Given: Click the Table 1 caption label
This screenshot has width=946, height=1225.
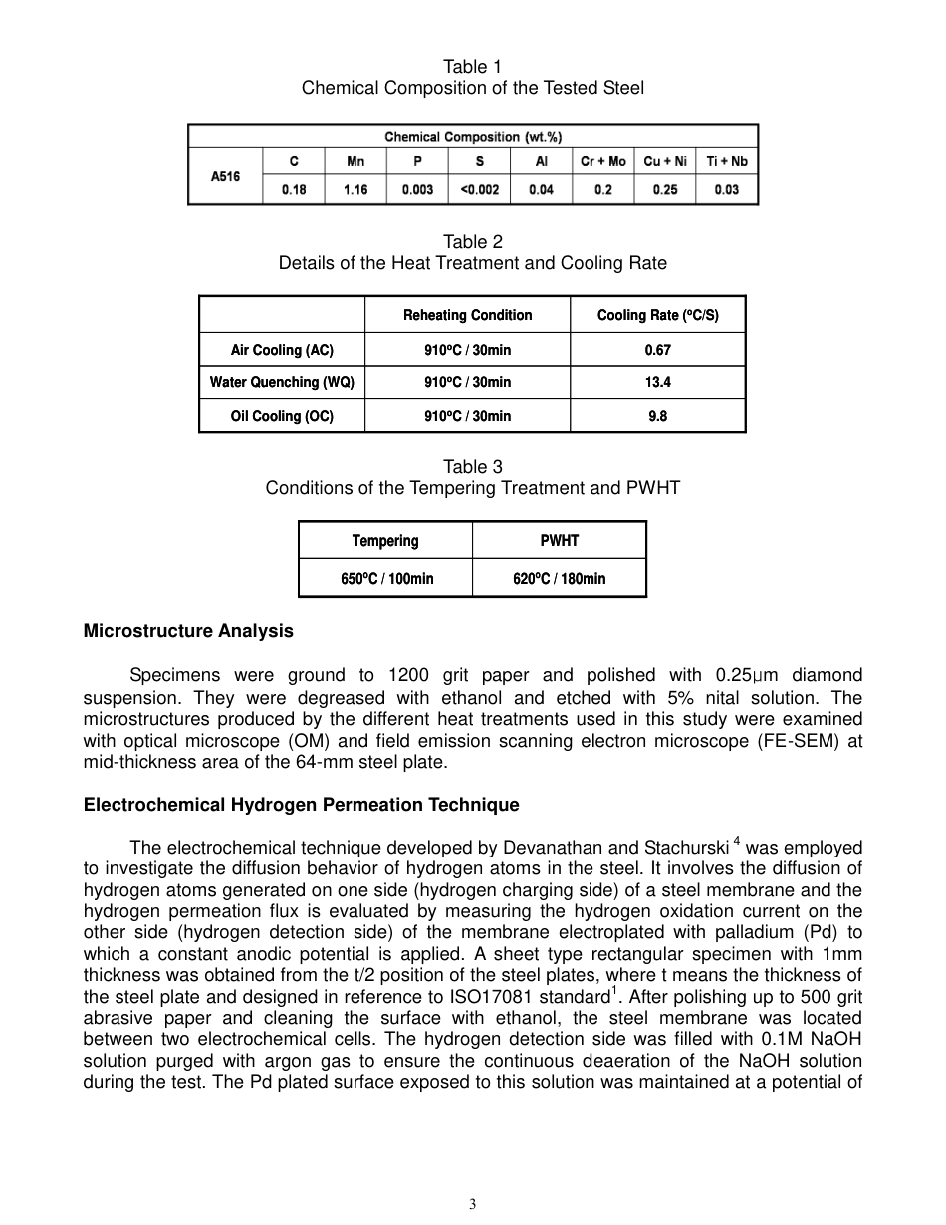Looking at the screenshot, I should [472, 67].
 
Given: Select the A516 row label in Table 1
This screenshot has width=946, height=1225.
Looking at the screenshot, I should [225, 176].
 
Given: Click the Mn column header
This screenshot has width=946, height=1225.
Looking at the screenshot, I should [355, 161].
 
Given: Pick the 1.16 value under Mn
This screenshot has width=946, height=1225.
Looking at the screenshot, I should [355, 190].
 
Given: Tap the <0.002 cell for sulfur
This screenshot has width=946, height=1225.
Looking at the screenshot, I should [479, 190].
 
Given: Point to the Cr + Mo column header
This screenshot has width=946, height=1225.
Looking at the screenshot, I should [602, 161].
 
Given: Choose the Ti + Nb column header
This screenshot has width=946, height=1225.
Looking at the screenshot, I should [727, 161].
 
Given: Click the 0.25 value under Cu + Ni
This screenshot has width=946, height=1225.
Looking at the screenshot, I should [664, 190].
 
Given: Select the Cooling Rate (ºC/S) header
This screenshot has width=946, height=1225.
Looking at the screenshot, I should [657, 315].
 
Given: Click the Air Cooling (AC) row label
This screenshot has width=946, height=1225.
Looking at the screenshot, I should [282, 350].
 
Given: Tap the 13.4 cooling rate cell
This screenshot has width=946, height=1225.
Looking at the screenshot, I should [657, 382].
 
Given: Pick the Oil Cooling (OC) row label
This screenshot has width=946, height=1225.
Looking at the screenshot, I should [282, 416].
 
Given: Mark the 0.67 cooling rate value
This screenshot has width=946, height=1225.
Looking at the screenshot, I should [657, 350].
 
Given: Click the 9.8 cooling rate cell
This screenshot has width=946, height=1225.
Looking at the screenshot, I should [657, 416].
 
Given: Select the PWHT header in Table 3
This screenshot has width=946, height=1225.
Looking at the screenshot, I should [559, 541].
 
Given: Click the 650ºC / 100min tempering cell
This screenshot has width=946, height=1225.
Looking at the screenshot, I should [386, 578].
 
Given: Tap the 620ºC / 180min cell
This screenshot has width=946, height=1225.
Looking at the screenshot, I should [559, 578].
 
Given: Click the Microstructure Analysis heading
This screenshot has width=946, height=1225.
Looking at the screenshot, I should [188, 631].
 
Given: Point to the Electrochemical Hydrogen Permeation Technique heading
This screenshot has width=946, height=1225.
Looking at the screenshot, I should [301, 805].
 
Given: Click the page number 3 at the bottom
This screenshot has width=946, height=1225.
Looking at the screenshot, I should [473, 1204].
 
